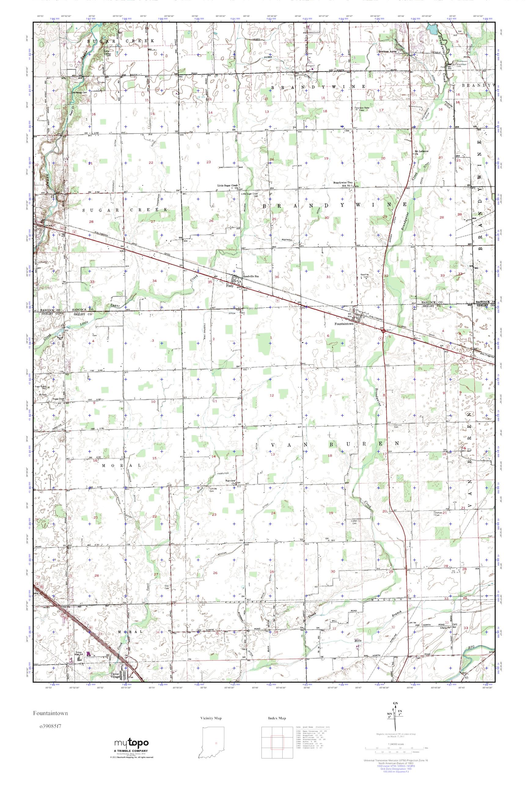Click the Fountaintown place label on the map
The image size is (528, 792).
(344, 324)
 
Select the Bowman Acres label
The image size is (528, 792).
(388, 52)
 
